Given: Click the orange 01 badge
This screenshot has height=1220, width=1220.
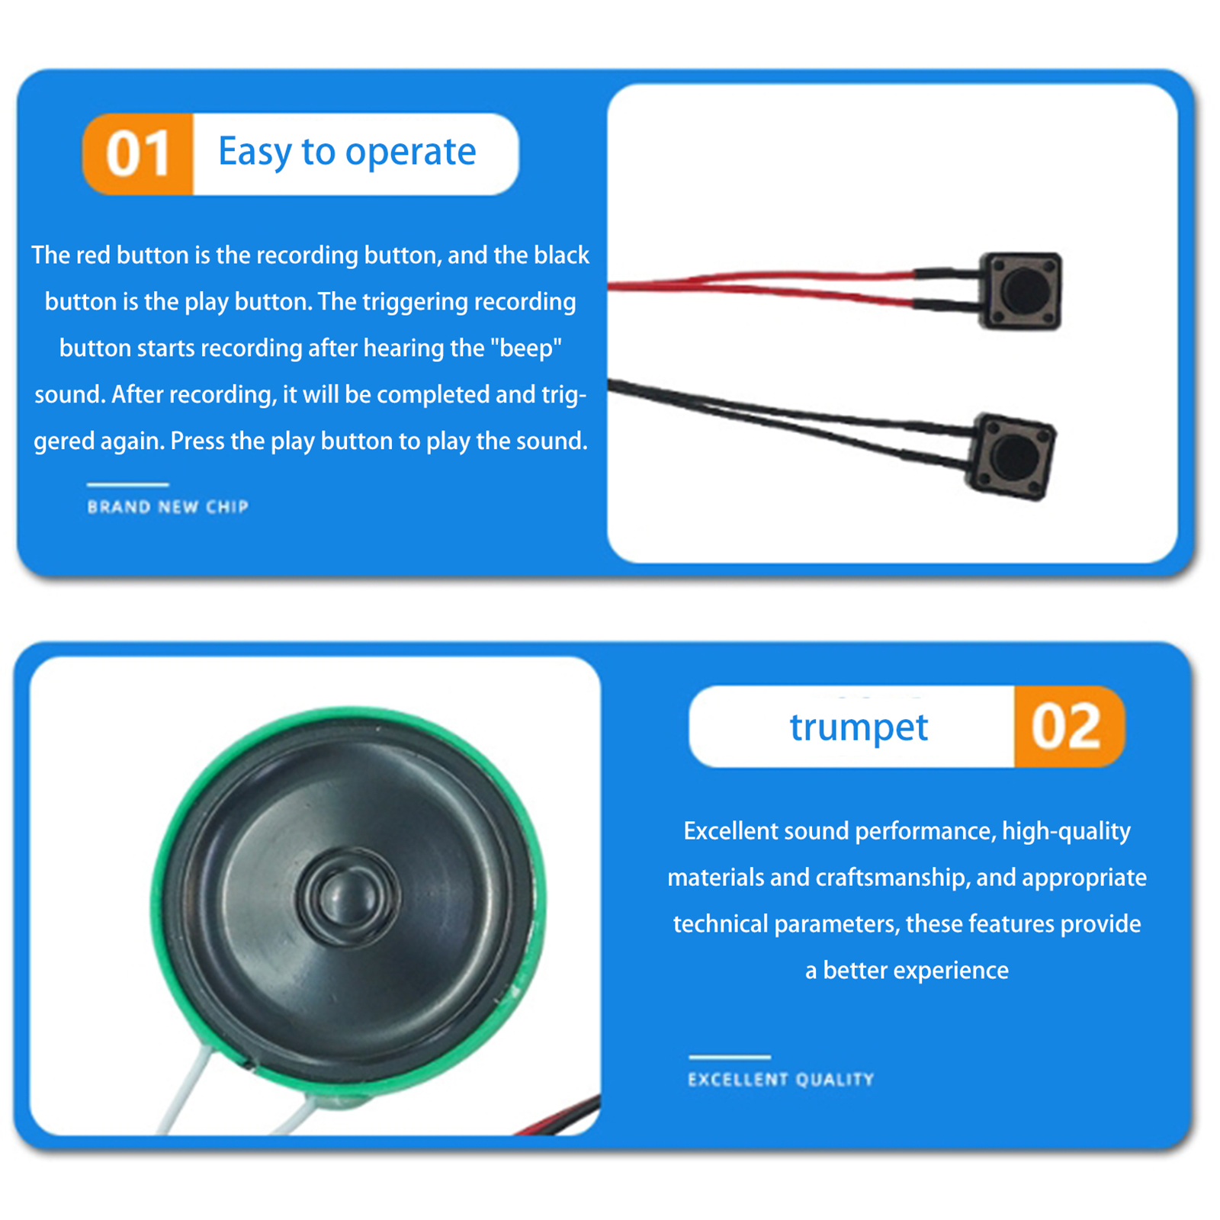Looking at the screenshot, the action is point(138,154).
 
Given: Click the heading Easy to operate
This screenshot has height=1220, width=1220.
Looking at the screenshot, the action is point(347,152).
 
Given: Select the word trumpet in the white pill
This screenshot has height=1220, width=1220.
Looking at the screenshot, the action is point(859,727).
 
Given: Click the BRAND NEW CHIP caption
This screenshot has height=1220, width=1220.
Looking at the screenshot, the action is point(168,507).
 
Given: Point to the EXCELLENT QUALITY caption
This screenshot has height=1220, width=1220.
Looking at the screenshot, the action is point(781,1080).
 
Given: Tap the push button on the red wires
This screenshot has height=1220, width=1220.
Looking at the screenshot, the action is point(1020,291).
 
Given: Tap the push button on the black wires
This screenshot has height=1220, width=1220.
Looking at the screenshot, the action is point(1010,456).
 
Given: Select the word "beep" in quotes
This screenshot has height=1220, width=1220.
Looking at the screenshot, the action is point(525,348).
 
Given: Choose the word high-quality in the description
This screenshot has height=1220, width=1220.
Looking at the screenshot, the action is point(1066,831).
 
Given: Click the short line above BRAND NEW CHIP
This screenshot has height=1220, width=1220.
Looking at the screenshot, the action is point(127,484).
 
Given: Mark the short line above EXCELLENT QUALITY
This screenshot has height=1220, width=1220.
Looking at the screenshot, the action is point(730,1057).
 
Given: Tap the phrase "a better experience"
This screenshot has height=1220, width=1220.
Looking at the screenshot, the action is point(907,971).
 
